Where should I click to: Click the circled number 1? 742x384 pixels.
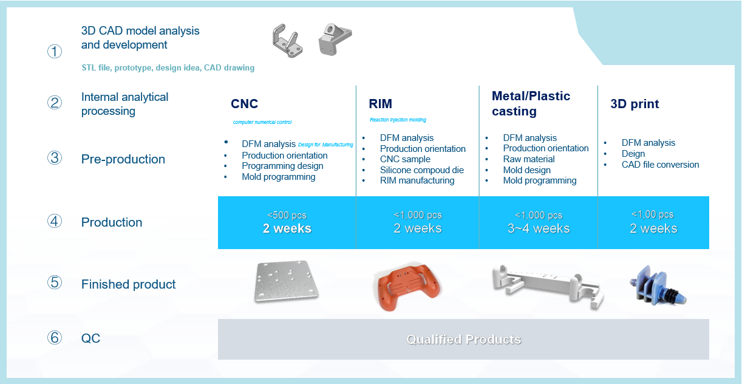tap(55, 52)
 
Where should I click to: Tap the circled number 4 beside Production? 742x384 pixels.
tap(55, 221)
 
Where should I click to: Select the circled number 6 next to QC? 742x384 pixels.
tap(55, 338)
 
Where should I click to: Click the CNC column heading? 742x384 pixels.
tap(245, 104)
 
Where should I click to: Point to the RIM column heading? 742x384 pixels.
tap(380, 104)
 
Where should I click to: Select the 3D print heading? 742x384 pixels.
tap(635, 104)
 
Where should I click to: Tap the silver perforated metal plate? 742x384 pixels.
tap(286, 281)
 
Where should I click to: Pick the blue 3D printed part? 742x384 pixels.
tap(658, 286)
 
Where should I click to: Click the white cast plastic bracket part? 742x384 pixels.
tap(548, 286)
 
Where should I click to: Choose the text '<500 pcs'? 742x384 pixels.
tap(287, 215)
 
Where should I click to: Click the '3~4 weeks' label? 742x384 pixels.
tap(539, 228)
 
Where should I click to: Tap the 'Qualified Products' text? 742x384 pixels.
tap(464, 339)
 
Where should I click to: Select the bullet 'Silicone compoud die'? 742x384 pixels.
tap(421, 170)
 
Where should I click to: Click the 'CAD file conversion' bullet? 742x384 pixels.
tap(660, 165)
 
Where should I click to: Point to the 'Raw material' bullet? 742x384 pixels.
tap(529, 159)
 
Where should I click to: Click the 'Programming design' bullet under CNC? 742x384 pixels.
tap(282, 166)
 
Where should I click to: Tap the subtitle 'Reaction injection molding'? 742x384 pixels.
tap(398, 120)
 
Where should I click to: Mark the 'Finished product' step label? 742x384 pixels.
tap(128, 284)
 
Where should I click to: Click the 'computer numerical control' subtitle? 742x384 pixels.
tap(262, 122)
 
